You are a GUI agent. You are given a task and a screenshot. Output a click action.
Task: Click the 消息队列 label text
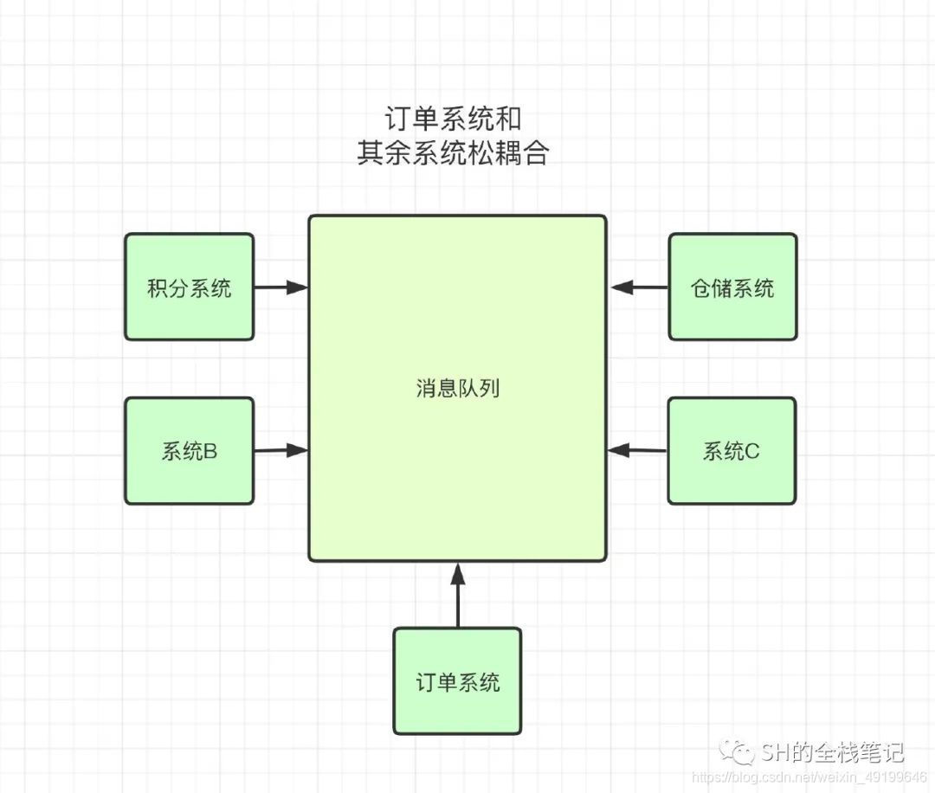point(457,389)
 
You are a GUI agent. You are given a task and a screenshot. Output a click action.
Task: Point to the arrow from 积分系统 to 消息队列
point(281,287)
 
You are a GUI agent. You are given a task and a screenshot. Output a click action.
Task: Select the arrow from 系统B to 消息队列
point(281,450)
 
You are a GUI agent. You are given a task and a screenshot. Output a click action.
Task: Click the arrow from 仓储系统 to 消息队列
point(638,287)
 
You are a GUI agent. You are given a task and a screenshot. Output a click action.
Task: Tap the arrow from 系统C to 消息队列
point(637,450)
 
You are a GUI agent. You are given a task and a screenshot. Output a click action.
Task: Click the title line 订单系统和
point(454,118)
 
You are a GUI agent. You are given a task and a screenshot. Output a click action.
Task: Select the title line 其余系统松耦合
point(454,153)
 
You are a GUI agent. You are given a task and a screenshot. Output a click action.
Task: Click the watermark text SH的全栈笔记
point(832,751)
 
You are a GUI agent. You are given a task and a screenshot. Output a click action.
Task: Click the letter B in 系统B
point(210,451)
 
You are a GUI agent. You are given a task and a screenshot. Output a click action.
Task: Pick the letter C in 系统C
point(752,451)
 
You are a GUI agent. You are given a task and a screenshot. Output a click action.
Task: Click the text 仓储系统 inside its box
point(732,288)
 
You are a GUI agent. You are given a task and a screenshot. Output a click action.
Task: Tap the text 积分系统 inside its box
point(190,288)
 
